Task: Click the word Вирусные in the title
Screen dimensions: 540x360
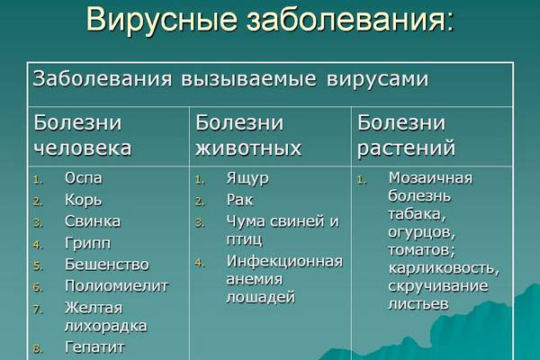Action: point(161,20)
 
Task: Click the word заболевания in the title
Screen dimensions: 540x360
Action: point(350,20)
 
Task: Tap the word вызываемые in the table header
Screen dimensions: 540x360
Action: point(248,80)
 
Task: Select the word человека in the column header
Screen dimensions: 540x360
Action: point(83,148)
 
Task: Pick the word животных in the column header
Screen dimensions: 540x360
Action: point(248,148)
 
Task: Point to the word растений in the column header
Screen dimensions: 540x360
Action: point(407,148)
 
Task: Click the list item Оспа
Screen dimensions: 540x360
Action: point(84,178)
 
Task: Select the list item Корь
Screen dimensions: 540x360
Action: point(84,200)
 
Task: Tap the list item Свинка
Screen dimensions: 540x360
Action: point(93,221)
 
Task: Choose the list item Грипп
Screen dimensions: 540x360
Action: point(88,244)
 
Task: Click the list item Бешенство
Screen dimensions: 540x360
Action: point(107,265)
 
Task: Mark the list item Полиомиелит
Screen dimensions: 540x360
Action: point(117,286)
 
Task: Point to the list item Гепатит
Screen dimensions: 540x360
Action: point(94,347)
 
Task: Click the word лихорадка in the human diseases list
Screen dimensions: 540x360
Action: point(105,326)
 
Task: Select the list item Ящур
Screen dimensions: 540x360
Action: point(247,179)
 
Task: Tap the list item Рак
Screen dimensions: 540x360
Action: point(239,200)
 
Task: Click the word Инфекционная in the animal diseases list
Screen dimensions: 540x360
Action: point(284,262)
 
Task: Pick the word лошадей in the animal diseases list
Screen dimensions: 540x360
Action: point(261,298)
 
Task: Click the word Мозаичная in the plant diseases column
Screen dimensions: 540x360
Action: point(430,178)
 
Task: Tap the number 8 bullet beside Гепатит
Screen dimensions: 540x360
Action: point(38,349)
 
